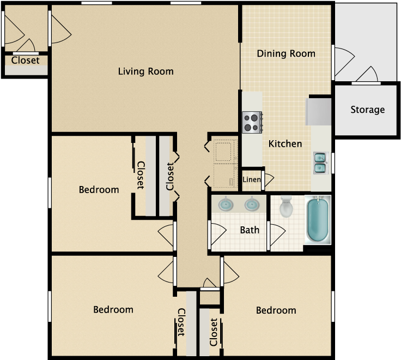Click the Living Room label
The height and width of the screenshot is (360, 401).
tap(146, 71)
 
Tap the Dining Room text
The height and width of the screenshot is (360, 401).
tap(286, 53)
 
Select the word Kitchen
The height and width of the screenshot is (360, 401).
tap(285, 144)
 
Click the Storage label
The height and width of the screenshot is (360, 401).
tap(368, 110)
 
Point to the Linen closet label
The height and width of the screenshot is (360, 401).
tap(252, 179)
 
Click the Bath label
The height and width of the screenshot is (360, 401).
tap(250, 230)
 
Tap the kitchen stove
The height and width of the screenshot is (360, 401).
tap(252, 122)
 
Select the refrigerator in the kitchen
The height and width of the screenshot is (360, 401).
tap(319, 112)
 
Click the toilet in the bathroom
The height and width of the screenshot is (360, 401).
tap(286, 206)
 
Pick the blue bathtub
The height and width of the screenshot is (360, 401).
tap(318, 220)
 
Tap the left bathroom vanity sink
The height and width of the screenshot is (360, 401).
tap(226, 205)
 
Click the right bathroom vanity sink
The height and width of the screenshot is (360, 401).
tap(252, 205)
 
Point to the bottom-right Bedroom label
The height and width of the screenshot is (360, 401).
tap(276, 310)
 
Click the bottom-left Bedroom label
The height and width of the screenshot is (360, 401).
tap(113, 310)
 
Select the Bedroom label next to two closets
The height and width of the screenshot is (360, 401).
tap(99, 190)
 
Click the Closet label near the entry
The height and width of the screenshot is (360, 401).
tap(25, 61)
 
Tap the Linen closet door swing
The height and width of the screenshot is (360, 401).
tap(269, 180)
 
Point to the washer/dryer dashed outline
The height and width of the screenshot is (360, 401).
tap(224, 163)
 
